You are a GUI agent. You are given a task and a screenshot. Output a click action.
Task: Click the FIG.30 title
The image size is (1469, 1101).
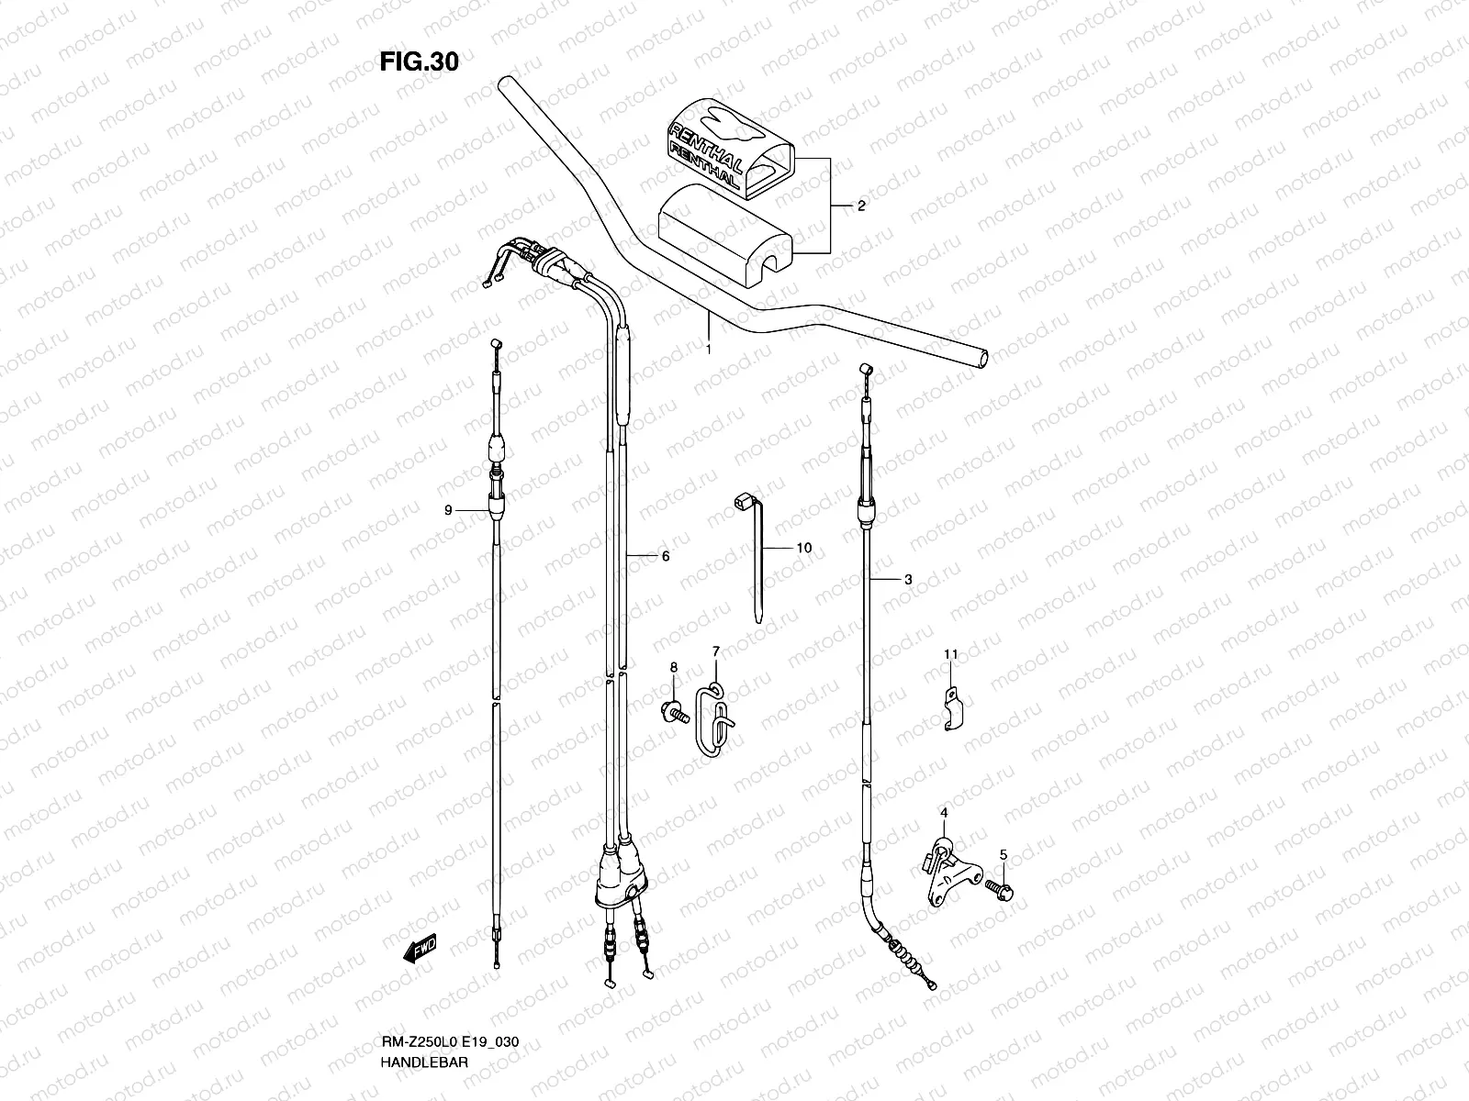click(419, 61)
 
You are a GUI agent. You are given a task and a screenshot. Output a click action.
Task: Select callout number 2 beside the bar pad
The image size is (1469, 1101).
click(861, 206)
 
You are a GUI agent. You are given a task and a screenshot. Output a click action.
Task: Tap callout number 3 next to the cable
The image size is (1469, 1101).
click(908, 580)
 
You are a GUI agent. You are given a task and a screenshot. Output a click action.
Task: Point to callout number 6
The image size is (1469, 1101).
click(665, 556)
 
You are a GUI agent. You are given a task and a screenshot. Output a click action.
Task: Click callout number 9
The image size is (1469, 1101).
click(448, 511)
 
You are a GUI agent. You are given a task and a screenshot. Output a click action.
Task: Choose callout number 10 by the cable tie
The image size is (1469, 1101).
click(803, 548)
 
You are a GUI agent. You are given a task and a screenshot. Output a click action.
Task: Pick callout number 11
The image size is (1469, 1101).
click(951, 654)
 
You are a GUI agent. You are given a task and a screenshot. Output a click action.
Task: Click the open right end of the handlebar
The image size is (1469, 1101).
click(984, 358)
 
